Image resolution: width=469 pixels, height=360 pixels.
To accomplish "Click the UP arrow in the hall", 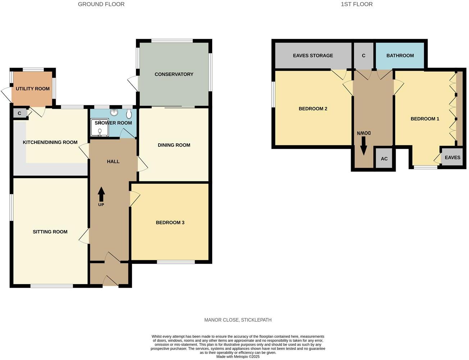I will click(101, 194).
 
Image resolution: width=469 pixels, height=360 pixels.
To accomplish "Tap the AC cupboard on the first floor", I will click(384, 159).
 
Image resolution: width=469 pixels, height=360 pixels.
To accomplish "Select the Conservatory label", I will click(174, 74).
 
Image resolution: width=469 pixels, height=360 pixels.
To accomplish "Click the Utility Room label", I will click(33, 89).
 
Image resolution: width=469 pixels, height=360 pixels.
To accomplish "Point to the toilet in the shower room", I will click(129, 114).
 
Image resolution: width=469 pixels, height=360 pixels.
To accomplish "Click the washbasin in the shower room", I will click(114, 113).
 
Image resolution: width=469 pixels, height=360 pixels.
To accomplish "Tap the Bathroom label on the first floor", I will click(400, 55).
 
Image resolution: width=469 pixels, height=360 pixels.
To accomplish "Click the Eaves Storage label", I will click(313, 55).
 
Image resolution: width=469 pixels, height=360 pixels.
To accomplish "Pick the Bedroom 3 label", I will click(170, 222).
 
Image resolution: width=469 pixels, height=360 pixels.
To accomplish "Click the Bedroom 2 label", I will click(313, 109).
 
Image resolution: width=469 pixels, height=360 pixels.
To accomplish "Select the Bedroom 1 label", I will click(425, 119).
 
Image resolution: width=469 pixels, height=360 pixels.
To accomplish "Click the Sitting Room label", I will click(50, 232).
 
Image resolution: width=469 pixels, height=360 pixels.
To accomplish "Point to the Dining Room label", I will click(174, 145).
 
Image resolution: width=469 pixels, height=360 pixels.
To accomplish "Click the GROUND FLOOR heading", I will click(101, 4).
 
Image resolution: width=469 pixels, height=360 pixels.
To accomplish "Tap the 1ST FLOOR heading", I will click(356, 4).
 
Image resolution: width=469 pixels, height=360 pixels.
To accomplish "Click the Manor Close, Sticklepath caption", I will click(238, 320).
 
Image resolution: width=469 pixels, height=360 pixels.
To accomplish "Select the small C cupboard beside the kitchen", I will click(20, 113).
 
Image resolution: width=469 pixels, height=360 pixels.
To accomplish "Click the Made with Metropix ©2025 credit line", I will click(238, 357).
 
